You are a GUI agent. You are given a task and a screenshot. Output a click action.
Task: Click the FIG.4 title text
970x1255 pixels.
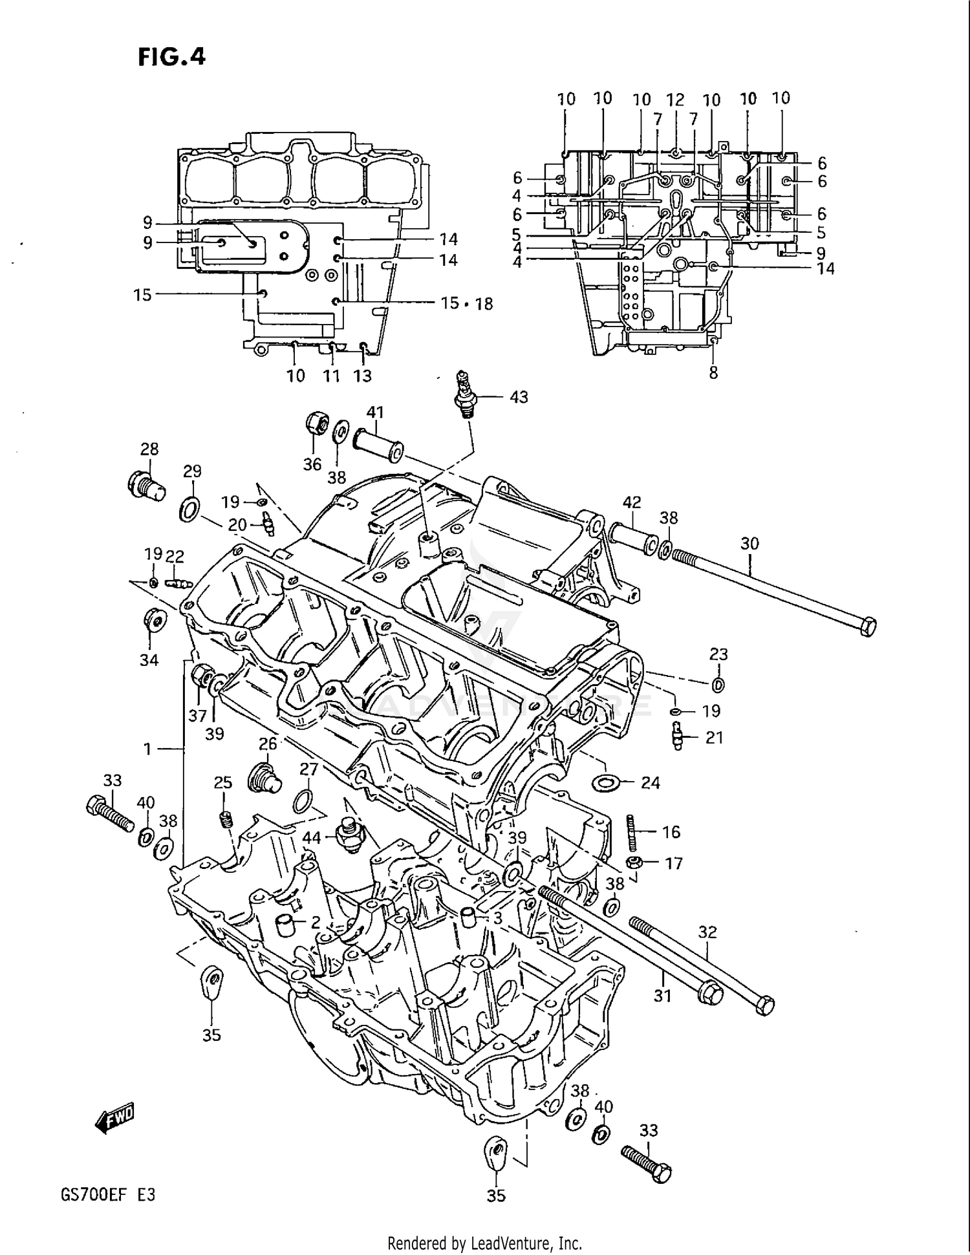click(171, 57)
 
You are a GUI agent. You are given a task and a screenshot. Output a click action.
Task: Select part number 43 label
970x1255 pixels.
click(519, 397)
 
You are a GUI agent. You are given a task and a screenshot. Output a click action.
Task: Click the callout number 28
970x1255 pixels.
click(149, 449)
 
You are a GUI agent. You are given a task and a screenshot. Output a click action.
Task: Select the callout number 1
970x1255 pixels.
click(147, 749)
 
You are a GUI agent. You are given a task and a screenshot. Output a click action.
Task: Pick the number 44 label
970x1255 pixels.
click(312, 837)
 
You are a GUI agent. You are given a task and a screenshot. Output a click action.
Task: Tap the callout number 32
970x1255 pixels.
click(707, 932)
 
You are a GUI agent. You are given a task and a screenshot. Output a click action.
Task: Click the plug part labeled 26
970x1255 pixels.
click(264, 778)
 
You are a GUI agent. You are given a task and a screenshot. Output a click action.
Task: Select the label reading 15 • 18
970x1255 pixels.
click(466, 303)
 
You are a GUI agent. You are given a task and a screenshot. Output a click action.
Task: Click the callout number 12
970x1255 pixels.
click(675, 100)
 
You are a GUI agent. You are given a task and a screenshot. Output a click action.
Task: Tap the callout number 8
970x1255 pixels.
click(713, 373)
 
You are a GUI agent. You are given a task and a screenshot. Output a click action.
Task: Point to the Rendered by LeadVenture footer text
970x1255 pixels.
click(484, 1243)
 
